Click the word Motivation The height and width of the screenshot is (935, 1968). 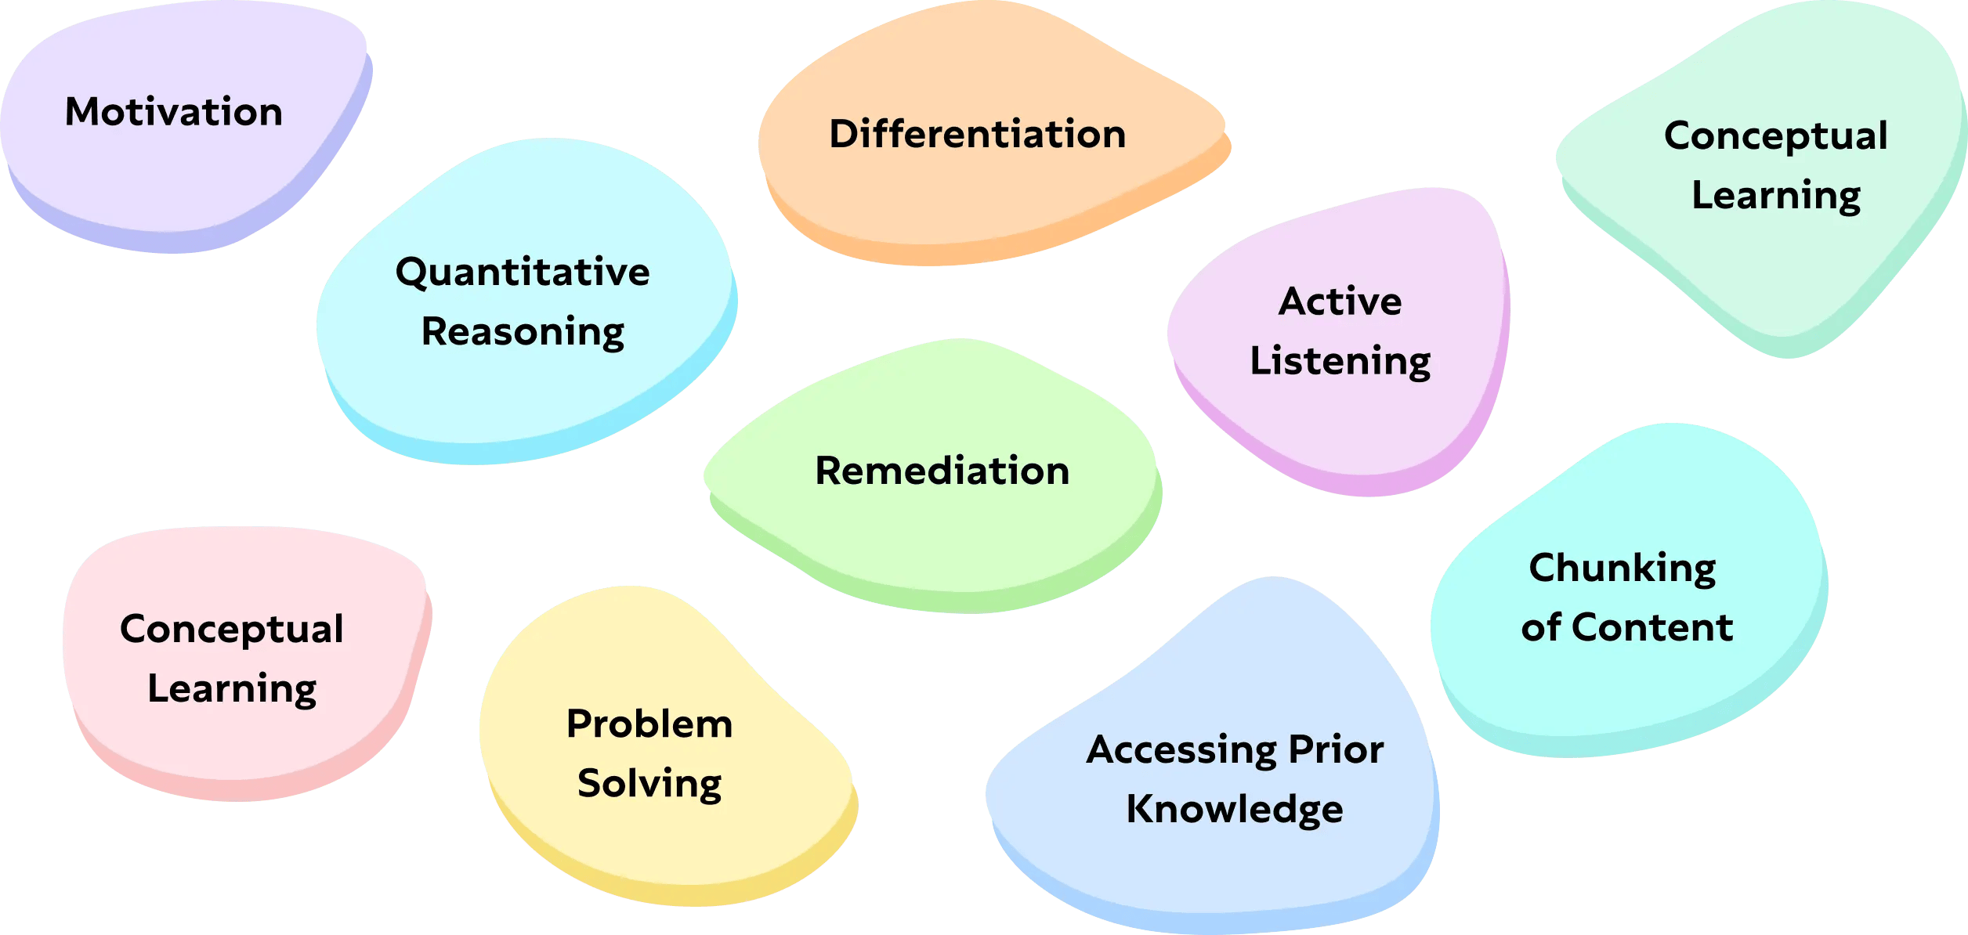pos(173,112)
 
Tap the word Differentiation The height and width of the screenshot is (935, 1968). pos(977,134)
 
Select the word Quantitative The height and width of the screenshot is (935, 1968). pos(523,273)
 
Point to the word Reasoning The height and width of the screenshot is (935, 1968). pos(523,332)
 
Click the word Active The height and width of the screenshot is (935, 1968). pos(1340,301)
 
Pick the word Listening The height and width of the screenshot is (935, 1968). pos(1340,362)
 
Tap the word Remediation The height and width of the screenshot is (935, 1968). pos(942,471)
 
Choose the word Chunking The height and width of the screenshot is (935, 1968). pos(1622,569)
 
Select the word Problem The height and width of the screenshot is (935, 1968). pos(649,724)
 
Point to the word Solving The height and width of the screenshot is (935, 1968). pos(649,784)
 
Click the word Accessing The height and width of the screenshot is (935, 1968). pos(1182,750)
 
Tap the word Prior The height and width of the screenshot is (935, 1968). pos(1336,749)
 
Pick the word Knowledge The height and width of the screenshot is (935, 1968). pos(1234,810)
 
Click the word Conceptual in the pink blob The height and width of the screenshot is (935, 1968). pos(231,630)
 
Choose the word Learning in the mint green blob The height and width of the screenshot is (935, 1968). pos(1775,196)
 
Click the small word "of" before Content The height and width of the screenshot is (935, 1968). pos(1540,628)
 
